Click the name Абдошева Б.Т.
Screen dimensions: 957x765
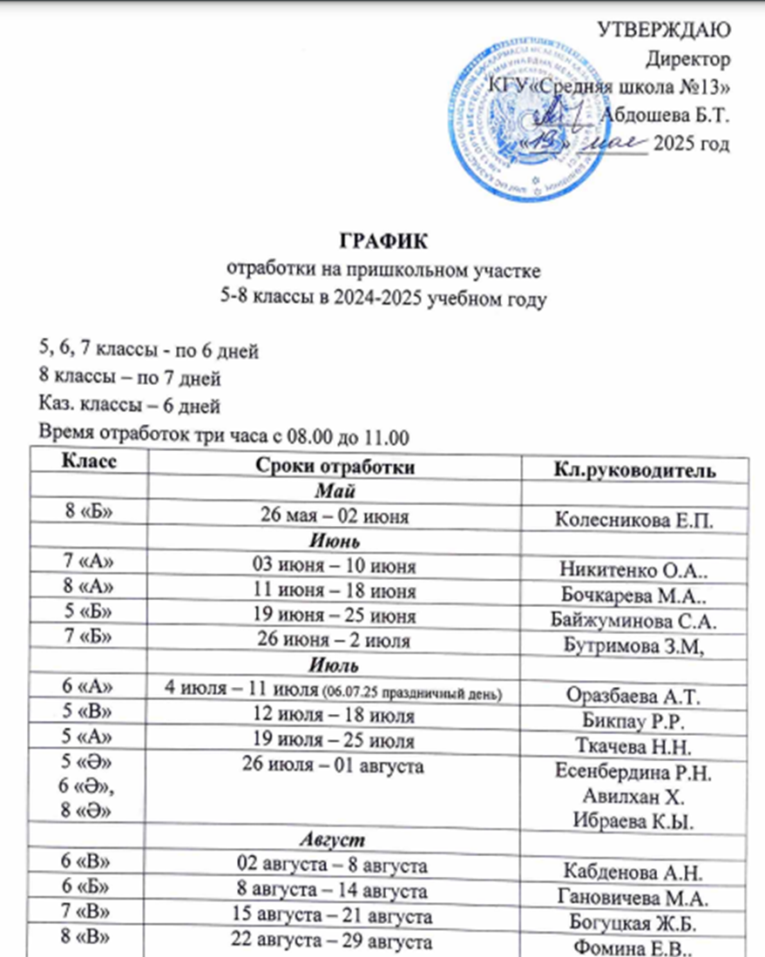click(666, 114)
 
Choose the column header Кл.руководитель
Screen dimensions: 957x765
click(640, 471)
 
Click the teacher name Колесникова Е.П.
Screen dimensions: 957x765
click(640, 521)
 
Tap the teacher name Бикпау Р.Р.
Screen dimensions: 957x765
click(640, 718)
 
